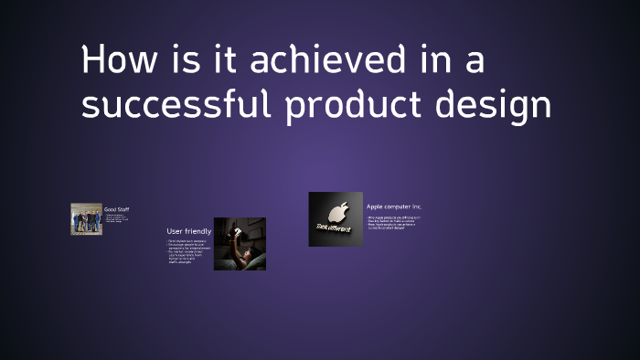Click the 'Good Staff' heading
click(x=116, y=209)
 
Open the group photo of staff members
click(x=87, y=219)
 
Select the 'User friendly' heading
click(x=189, y=231)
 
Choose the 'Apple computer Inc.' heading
click(x=394, y=206)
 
